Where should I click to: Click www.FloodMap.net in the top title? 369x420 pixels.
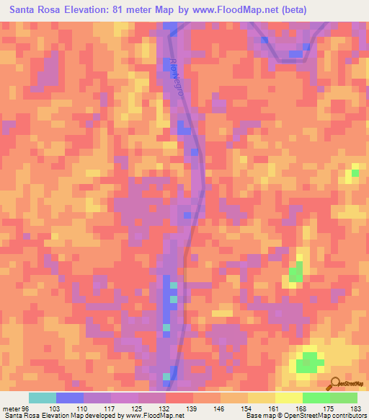[234, 10]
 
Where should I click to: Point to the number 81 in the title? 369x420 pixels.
[122, 10]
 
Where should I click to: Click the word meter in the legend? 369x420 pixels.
[10, 408]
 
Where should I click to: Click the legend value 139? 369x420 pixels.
[192, 408]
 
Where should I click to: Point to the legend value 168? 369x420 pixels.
[302, 408]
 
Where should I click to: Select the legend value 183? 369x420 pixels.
[356, 408]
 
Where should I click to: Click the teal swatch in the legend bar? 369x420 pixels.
[43, 398]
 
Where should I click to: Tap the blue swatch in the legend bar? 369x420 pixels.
[70, 398]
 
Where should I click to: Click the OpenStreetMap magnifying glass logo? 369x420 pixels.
[334, 383]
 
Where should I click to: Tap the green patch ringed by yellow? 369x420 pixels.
[308, 362]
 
